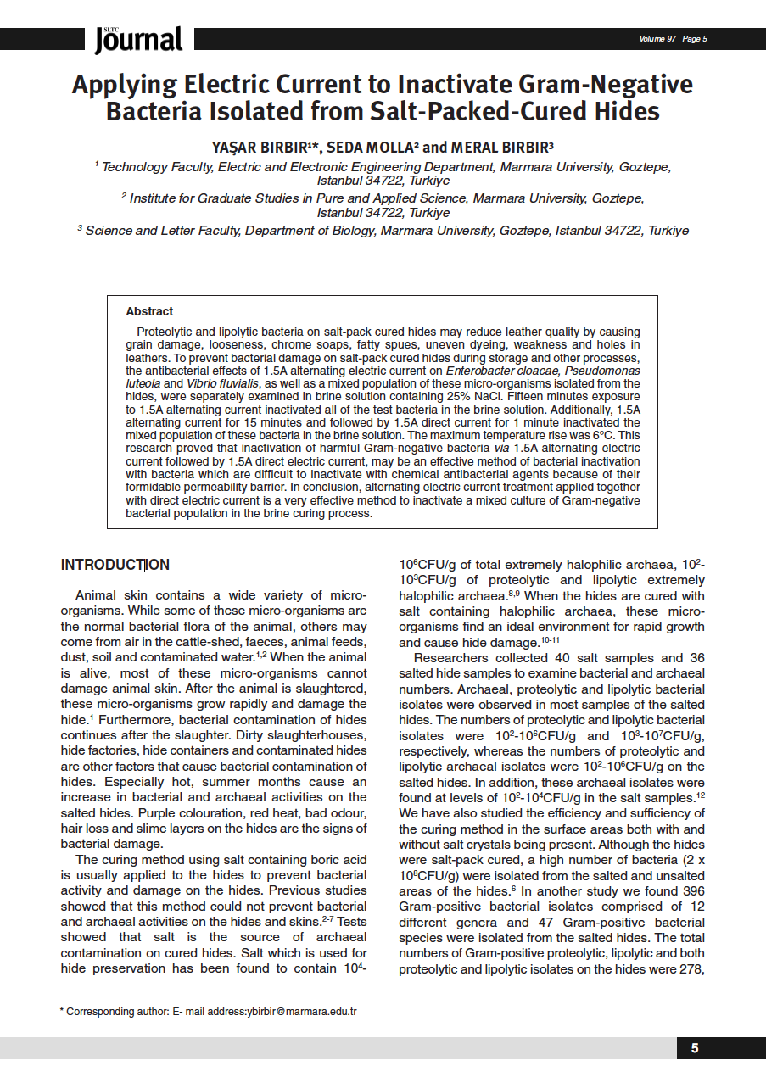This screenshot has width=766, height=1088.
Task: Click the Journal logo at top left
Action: (x=138, y=39)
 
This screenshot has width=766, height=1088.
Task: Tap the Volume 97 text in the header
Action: (x=657, y=39)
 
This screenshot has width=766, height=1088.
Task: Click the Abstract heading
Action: (x=149, y=311)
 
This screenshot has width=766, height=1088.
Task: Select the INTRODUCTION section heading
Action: (x=115, y=565)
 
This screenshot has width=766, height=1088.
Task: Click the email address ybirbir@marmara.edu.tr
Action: (x=302, y=1012)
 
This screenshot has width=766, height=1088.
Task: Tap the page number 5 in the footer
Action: (x=695, y=1048)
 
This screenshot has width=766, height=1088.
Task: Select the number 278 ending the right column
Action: (x=690, y=968)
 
